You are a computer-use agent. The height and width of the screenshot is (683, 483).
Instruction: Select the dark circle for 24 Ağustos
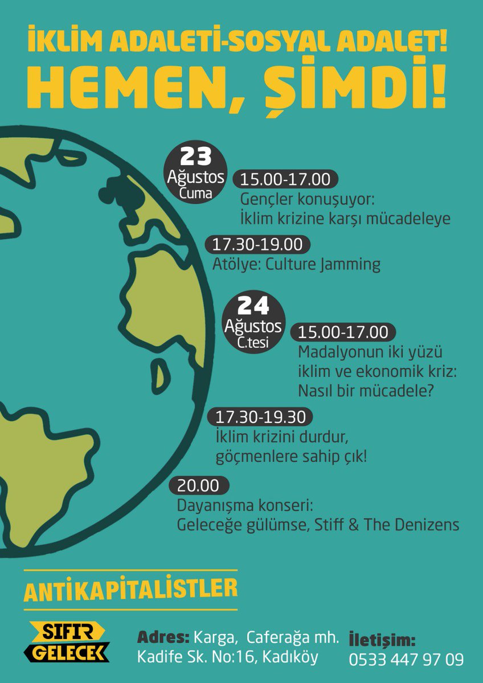click(x=253, y=324)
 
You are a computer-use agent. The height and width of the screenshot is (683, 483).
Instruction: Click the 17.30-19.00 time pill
click(x=257, y=245)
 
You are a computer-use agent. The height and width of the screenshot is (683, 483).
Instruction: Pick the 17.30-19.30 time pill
click(x=260, y=417)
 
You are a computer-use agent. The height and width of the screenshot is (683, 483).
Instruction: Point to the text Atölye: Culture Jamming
click(x=296, y=264)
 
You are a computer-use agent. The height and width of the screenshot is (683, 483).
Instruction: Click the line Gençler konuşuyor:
click(x=307, y=200)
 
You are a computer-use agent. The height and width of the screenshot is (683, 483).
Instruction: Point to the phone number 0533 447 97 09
click(x=406, y=660)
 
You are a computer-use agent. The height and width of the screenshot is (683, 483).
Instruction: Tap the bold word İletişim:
click(x=382, y=639)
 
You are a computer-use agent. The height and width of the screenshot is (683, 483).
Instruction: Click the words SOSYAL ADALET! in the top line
click(x=341, y=44)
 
